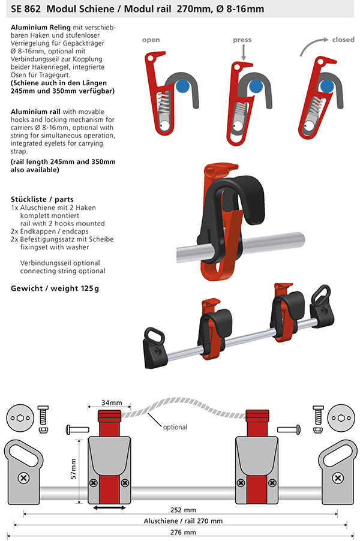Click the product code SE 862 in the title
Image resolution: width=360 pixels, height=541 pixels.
pyautogui.click(x=26, y=8)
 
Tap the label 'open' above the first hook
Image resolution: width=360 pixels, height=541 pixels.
pyautogui.click(x=151, y=40)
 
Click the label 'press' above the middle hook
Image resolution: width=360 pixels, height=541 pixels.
pyautogui.click(x=242, y=40)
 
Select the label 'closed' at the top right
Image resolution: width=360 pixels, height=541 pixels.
pyautogui.click(x=343, y=40)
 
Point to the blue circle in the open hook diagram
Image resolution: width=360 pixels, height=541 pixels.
pyautogui.click(x=182, y=86)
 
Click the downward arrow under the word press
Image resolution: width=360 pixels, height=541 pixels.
pyautogui.click(x=243, y=53)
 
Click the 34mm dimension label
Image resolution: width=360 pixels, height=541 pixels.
pyautogui.click(x=112, y=402)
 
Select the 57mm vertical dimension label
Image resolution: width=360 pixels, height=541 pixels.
pyautogui.click(x=74, y=468)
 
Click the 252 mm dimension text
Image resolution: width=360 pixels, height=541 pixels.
pyautogui.click(x=183, y=510)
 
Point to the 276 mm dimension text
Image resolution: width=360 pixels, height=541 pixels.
pyautogui.click(x=183, y=533)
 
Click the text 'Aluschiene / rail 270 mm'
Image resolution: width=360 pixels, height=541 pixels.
pyautogui.click(x=183, y=521)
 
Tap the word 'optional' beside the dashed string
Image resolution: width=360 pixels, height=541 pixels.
pyautogui.click(x=175, y=427)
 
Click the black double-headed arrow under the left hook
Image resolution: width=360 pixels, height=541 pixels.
pyautogui.click(x=109, y=507)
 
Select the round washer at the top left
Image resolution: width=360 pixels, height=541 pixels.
pyautogui.click(x=21, y=418)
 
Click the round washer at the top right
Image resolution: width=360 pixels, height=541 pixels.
pyautogui.click(x=341, y=418)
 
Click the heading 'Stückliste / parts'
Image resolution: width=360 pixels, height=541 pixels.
pyautogui.click(x=42, y=199)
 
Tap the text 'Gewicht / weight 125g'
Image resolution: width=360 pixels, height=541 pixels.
pyautogui.click(x=55, y=288)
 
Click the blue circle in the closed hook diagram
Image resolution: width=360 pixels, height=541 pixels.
pyautogui.click(x=326, y=86)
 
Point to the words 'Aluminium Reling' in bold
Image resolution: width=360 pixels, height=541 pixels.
pyautogui.click(x=41, y=27)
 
